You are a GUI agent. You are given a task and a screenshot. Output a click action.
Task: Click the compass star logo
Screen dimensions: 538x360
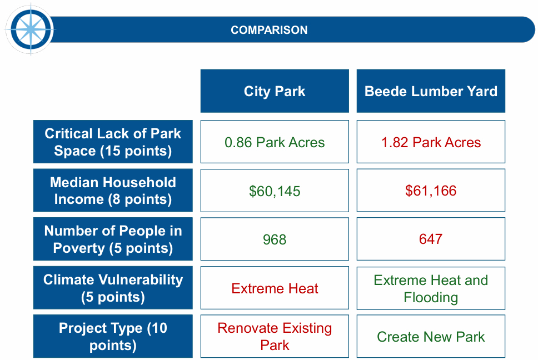(31, 29)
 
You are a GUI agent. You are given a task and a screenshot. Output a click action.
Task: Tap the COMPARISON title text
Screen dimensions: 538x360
(269, 30)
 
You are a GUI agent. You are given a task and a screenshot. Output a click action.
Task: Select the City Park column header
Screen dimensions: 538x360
(275, 91)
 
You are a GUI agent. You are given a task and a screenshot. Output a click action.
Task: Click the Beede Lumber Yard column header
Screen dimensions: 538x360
(431, 91)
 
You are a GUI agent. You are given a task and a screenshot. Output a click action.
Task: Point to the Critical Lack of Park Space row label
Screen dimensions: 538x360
(113, 142)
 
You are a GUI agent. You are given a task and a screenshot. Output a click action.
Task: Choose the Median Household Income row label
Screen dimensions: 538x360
(113, 191)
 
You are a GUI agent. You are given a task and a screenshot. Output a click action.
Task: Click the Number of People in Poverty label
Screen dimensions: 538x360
(113, 239)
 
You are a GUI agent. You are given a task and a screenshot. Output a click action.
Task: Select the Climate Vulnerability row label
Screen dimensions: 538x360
(113, 288)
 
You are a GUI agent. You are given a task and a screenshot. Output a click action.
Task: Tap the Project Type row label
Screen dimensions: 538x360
(113, 336)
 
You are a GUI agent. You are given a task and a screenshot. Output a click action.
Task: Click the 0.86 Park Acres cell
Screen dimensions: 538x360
(275, 142)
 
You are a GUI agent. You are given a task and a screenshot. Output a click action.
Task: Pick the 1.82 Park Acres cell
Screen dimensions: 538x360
(431, 142)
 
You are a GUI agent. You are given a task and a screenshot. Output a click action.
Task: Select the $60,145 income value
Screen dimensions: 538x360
(275, 191)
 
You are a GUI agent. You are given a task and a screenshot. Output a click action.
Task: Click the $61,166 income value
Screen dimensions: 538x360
(431, 191)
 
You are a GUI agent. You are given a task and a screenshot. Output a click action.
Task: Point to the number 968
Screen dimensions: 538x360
(275, 239)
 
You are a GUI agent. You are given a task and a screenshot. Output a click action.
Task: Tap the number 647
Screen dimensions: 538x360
(431, 239)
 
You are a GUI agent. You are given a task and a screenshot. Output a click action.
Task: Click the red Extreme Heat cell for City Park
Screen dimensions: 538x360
(275, 288)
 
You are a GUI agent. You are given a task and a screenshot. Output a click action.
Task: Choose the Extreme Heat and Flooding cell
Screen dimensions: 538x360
(431, 288)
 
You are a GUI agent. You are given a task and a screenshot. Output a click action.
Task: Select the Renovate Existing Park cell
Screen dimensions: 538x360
(275, 336)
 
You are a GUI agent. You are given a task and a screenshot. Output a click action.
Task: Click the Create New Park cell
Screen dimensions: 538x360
(431, 336)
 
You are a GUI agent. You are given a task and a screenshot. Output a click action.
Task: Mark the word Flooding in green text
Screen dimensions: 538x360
(431, 297)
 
